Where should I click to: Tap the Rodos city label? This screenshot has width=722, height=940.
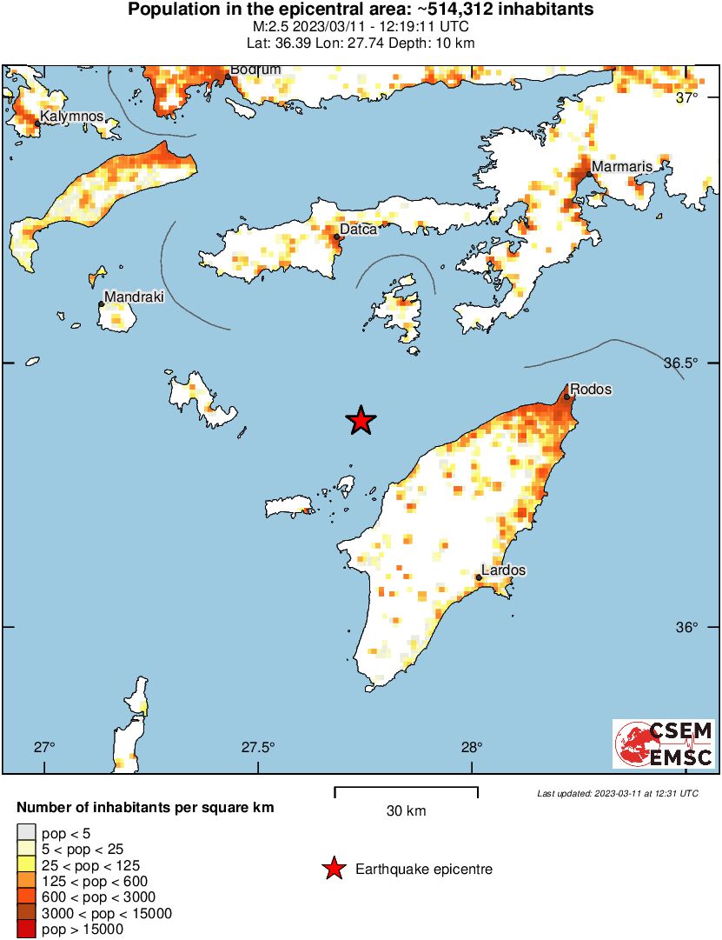coord(590,390)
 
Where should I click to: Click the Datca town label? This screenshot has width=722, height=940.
coord(358,230)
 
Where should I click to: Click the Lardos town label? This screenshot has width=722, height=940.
coord(504,570)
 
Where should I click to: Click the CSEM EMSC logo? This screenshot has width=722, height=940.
coord(665,743)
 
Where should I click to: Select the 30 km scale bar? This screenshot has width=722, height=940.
coord(406,791)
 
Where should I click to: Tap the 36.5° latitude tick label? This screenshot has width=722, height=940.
coord(692,363)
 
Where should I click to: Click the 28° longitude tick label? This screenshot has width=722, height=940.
coord(472,747)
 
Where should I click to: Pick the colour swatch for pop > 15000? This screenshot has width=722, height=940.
coord(27,929)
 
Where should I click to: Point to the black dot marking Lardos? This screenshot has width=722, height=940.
coord(479,577)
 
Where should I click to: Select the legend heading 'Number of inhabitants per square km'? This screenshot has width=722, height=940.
coord(145,808)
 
